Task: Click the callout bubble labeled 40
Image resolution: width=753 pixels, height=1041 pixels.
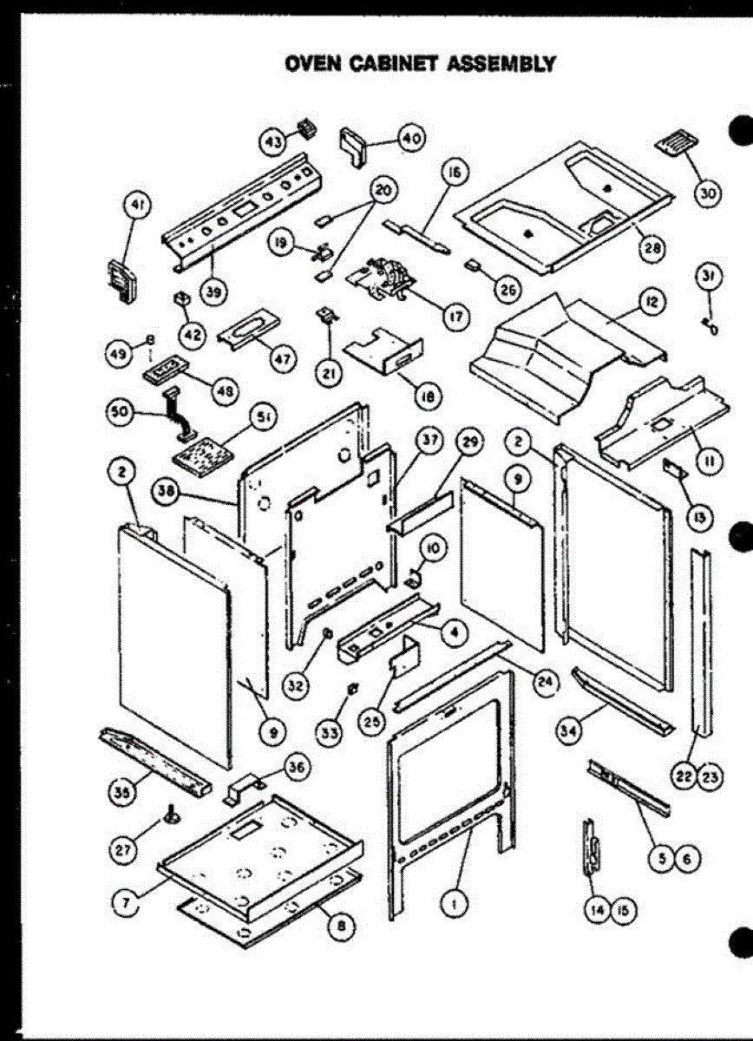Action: click(409, 139)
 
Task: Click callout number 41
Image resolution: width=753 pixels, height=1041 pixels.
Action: click(135, 206)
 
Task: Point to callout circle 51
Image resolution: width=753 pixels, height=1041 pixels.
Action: click(262, 416)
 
